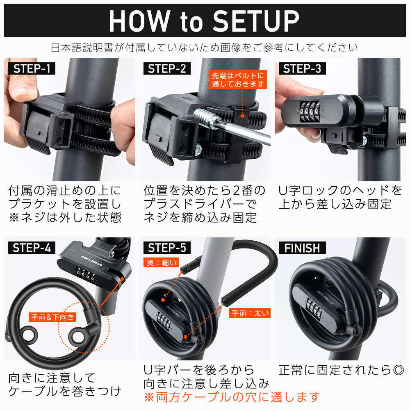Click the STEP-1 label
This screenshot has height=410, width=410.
click(32, 68)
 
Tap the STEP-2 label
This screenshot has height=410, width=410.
click(167, 68)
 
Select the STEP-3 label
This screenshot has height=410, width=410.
click(302, 68)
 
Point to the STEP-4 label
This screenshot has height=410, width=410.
click(32, 248)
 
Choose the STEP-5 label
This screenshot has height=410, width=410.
click(167, 248)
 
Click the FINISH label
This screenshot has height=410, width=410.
click(302, 248)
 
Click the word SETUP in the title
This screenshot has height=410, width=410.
click(256, 21)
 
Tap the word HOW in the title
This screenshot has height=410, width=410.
click(139, 21)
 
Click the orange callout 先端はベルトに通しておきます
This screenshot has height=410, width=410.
click(238, 80)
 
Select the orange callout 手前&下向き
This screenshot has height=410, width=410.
click(52, 317)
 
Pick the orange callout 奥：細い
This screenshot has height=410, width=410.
click(161, 262)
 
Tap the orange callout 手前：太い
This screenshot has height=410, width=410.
click(250, 313)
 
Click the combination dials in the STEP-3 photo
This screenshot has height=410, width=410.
click(310, 112)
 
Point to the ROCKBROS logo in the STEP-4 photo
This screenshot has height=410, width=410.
click(91, 261)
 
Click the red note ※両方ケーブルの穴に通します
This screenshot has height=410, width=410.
click(232, 397)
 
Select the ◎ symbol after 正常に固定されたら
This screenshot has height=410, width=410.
click(398, 370)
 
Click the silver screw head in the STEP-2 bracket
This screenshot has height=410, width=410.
click(198, 149)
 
